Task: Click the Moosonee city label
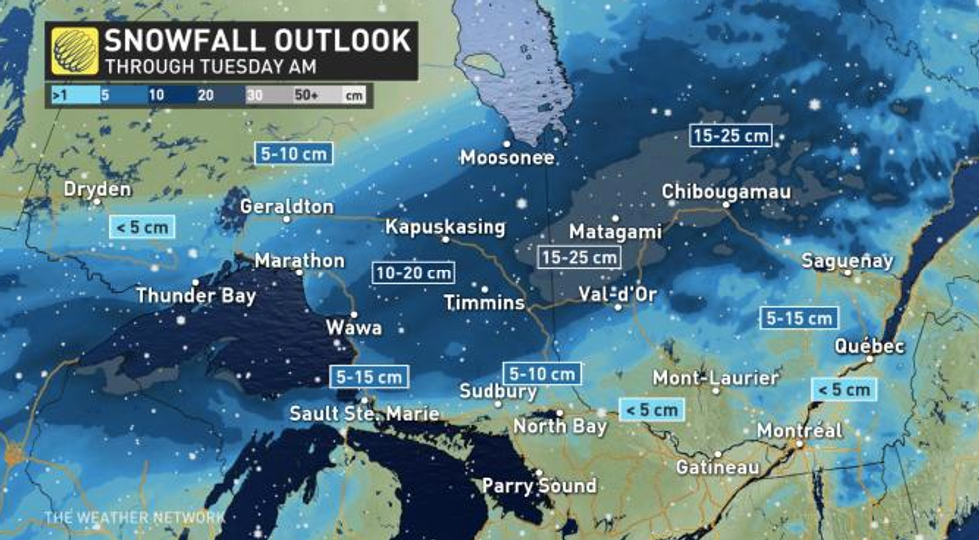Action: coord(507,157)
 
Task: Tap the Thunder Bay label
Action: coord(196,295)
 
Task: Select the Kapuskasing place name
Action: coord(446,227)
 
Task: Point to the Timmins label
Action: coord(485,302)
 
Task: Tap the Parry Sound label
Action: coord(538,486)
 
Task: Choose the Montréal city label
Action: coord(799,430)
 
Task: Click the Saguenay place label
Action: coord(847,261)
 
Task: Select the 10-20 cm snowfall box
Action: coord(412,272)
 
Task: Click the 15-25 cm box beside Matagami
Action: coord(578,257)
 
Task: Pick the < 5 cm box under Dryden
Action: coord(141,227)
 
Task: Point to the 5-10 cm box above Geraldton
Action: coord(291,155)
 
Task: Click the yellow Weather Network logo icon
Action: coord(76,51)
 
